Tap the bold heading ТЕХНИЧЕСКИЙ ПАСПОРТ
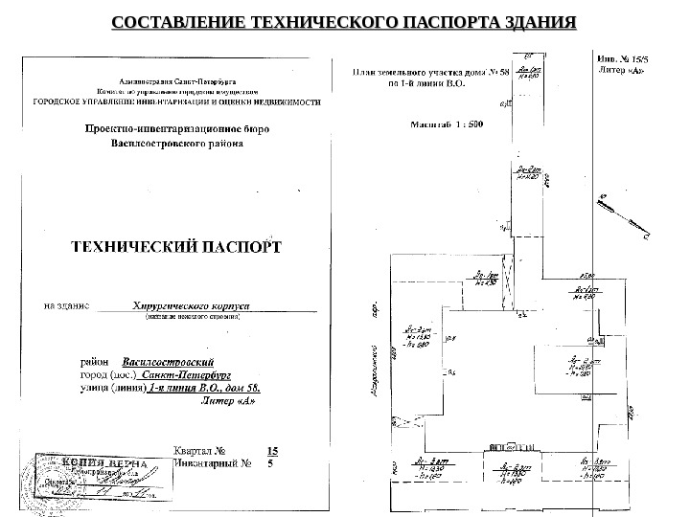[178, 246]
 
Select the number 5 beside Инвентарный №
[270, 462]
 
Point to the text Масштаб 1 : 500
[447, 124]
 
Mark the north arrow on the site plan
[623, 216]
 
